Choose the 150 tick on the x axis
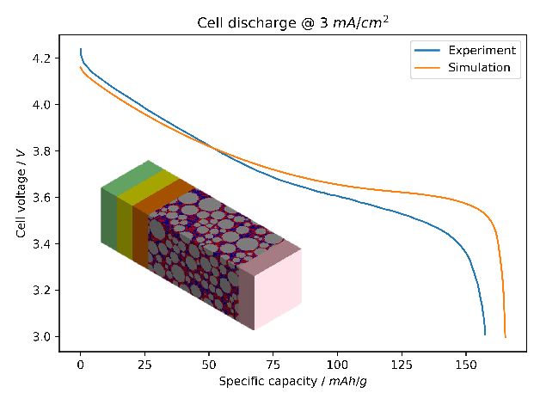coord(465,365)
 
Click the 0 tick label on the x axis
coord(80,365)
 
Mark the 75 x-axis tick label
coord(273,365)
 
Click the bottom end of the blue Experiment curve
coord(485,334)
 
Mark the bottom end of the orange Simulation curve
coord(506,337)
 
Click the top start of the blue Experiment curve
coord(80,49)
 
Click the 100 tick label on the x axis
coord(337,365)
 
